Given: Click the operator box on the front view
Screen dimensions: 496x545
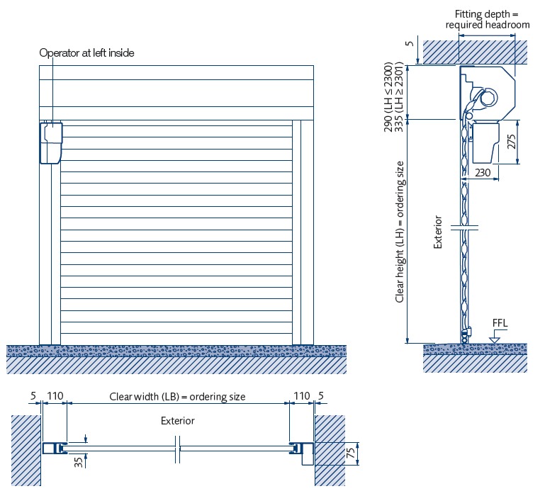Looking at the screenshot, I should (x=52, y=142).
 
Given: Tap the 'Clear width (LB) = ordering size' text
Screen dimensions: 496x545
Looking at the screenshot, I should (x=177, y=396).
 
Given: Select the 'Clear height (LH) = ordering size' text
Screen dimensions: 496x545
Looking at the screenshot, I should (x=400, y=232).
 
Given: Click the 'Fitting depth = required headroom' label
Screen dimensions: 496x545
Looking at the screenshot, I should (x=488, y=19).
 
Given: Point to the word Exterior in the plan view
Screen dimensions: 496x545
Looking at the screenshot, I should (x=177, y=420).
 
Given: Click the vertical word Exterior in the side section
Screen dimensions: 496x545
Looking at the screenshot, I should (x=438, y=232).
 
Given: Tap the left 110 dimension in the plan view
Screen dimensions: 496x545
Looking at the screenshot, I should (x=55, y=396).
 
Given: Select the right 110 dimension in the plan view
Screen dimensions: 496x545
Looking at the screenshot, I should (x=301, y=396).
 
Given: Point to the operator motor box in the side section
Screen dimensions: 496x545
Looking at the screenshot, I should (x=485, y=142).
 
